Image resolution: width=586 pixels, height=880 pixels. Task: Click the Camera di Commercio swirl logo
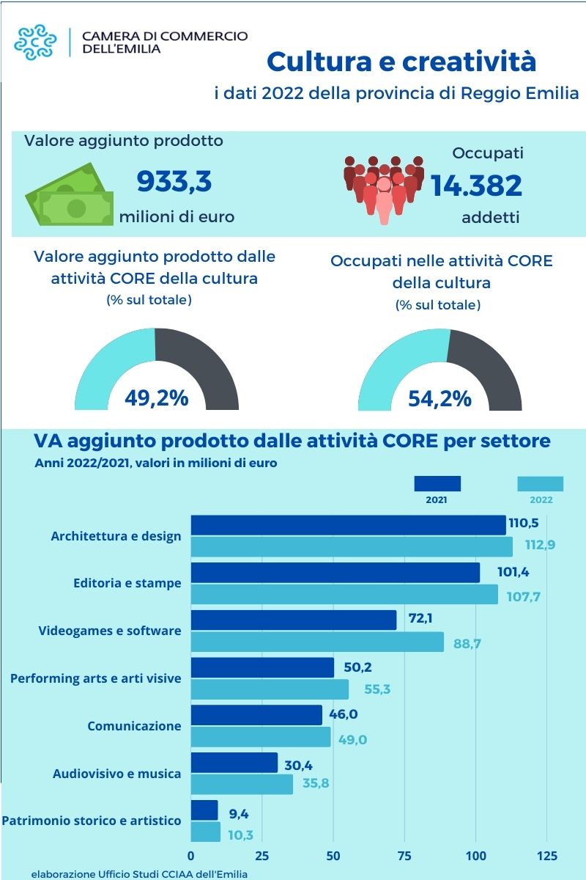(36, 42)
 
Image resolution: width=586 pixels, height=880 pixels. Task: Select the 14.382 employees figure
(476, 186)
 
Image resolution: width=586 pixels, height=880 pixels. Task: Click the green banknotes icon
(70, 194)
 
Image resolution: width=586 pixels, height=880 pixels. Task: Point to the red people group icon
(384, 188)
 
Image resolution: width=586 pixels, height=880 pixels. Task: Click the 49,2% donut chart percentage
(156, 398)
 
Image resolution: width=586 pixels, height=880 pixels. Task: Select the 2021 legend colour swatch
(437, 484)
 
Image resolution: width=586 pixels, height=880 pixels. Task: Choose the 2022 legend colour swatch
(540, 484)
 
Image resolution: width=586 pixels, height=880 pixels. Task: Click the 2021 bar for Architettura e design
(348, 525)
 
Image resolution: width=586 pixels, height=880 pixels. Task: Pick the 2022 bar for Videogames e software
(317, 642)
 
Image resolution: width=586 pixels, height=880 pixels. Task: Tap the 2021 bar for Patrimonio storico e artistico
(204, 810)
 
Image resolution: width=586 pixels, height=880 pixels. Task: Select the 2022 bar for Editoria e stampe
(344, 595)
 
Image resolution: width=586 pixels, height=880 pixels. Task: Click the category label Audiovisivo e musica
(116, 774)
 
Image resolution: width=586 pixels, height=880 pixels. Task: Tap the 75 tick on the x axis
(405, 856)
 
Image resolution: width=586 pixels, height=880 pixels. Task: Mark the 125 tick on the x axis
(547, 856)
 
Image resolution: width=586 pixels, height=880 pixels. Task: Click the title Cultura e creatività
(401, 62)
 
